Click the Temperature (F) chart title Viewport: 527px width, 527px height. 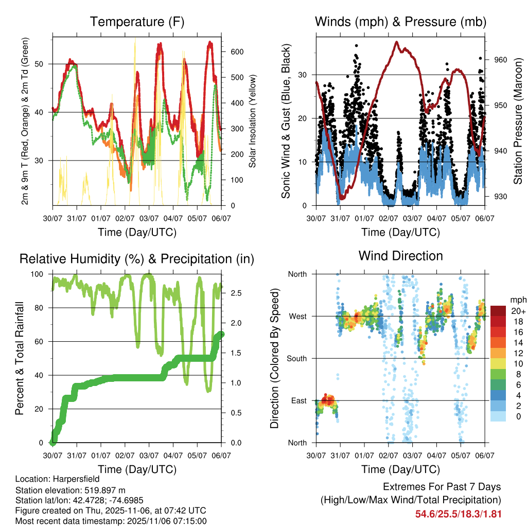[137, 22]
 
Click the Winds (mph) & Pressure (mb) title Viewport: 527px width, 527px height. [400, 22]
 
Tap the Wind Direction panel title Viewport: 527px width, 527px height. [400, 256]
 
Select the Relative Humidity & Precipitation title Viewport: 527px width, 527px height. [137, 259]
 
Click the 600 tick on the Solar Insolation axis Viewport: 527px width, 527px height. [237, 52]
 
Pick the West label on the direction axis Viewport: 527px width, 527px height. [297, 317]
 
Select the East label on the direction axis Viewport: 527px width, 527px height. [298, 400]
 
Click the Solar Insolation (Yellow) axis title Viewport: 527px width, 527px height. [253, 121]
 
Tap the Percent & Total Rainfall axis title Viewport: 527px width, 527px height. [20, 359]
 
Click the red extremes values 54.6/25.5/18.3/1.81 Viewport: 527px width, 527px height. [458, 514]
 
